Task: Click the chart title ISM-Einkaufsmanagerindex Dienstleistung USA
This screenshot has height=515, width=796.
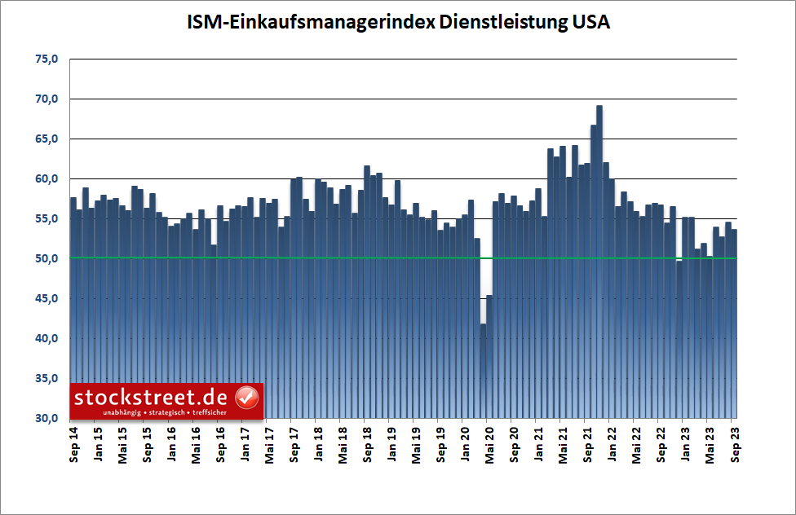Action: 397,23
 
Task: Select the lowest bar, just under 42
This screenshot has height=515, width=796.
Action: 483,367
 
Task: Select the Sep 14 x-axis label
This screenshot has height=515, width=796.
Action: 74,445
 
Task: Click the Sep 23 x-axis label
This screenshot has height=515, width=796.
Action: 736,445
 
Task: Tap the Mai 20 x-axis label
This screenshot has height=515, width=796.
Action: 490,445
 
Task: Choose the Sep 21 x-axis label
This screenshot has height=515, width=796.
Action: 588,445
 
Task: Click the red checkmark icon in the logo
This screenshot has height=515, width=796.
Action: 246,398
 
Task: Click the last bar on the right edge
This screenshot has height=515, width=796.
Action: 733,326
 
